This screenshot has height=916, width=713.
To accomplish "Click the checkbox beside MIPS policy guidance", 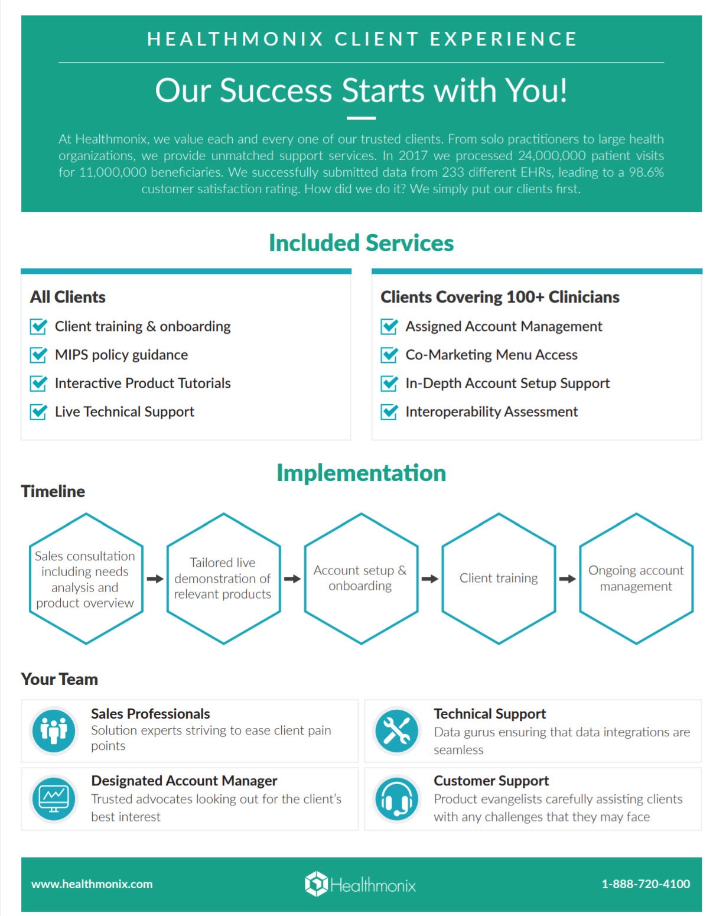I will pos(38,355).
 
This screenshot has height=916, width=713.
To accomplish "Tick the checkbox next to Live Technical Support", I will pos(38,411).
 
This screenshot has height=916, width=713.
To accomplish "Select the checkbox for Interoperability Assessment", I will pos(389,411).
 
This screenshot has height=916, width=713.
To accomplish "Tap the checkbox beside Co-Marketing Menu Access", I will pos(389,355).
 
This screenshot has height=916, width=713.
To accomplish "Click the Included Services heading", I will pos(361,243).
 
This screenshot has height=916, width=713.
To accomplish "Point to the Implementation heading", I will pos(361,473).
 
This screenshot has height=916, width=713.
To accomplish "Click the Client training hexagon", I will pos(499,578).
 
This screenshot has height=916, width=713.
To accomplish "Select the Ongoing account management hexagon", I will pos(636,578).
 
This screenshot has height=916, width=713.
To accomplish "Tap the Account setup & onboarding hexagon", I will pos(360,578).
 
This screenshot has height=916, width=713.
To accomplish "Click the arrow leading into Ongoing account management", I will pos(567,579).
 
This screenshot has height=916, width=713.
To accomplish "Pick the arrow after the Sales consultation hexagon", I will pos(155,579).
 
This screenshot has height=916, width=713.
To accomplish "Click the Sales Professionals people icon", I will pos(54,730).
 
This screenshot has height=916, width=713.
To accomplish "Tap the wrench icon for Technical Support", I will pos(397,730).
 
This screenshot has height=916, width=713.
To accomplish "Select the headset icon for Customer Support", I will pos(397,799).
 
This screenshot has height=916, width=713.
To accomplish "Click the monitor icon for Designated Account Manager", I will pos(54,799).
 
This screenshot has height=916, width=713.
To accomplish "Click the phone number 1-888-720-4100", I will pos(646,884).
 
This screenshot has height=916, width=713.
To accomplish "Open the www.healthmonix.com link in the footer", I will pos(92,884).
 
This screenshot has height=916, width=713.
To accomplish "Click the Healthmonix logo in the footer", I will pos(360,884).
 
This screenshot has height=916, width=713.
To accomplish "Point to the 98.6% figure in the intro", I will pos(646,172).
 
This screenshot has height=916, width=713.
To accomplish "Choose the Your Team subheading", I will pos(60,679).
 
